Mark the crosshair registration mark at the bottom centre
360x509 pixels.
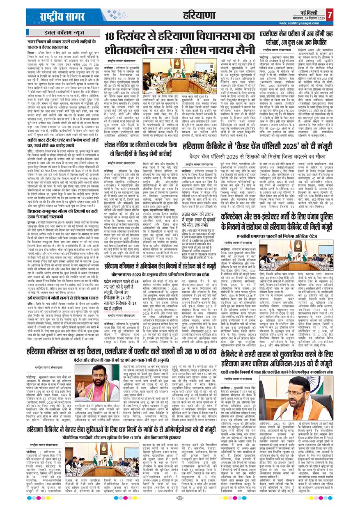[179, 498]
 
